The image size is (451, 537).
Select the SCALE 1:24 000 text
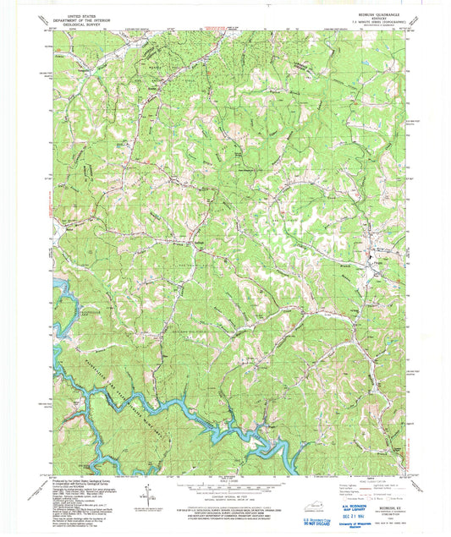pyautogui.click(x=225, y=481)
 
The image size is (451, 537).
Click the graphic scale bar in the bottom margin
pyautogui.click(x=225, y=489)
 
